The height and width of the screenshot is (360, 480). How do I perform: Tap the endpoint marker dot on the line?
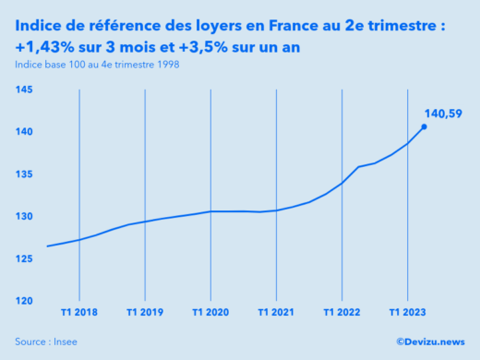tap(425, 126)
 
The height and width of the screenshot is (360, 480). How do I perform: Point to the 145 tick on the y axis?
tap(25, 90)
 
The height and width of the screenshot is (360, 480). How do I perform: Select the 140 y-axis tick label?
tap(25, 132)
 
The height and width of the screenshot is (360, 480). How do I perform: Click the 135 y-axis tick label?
tap(25, 174)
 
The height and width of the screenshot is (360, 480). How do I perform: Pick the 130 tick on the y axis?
tap(25, 216)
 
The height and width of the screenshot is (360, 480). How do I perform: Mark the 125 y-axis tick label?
tap(25, 258)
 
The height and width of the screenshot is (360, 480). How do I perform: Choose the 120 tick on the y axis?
tap(25, 301)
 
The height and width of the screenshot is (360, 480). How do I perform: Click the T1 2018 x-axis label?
tap(80, 312)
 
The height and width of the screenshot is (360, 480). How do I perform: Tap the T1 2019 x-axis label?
tap(146, 312)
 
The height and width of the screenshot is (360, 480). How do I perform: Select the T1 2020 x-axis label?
tap(211, 312)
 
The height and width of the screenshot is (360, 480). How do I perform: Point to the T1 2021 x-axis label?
tap(277, 312)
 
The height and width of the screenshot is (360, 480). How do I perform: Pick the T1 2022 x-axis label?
tap(342, 312)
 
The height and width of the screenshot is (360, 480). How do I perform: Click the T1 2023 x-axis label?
tap(408, 312)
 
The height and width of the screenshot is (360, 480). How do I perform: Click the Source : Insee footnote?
tap(46, 342)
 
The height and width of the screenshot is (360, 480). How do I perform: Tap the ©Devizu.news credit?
tap(430, 342)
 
